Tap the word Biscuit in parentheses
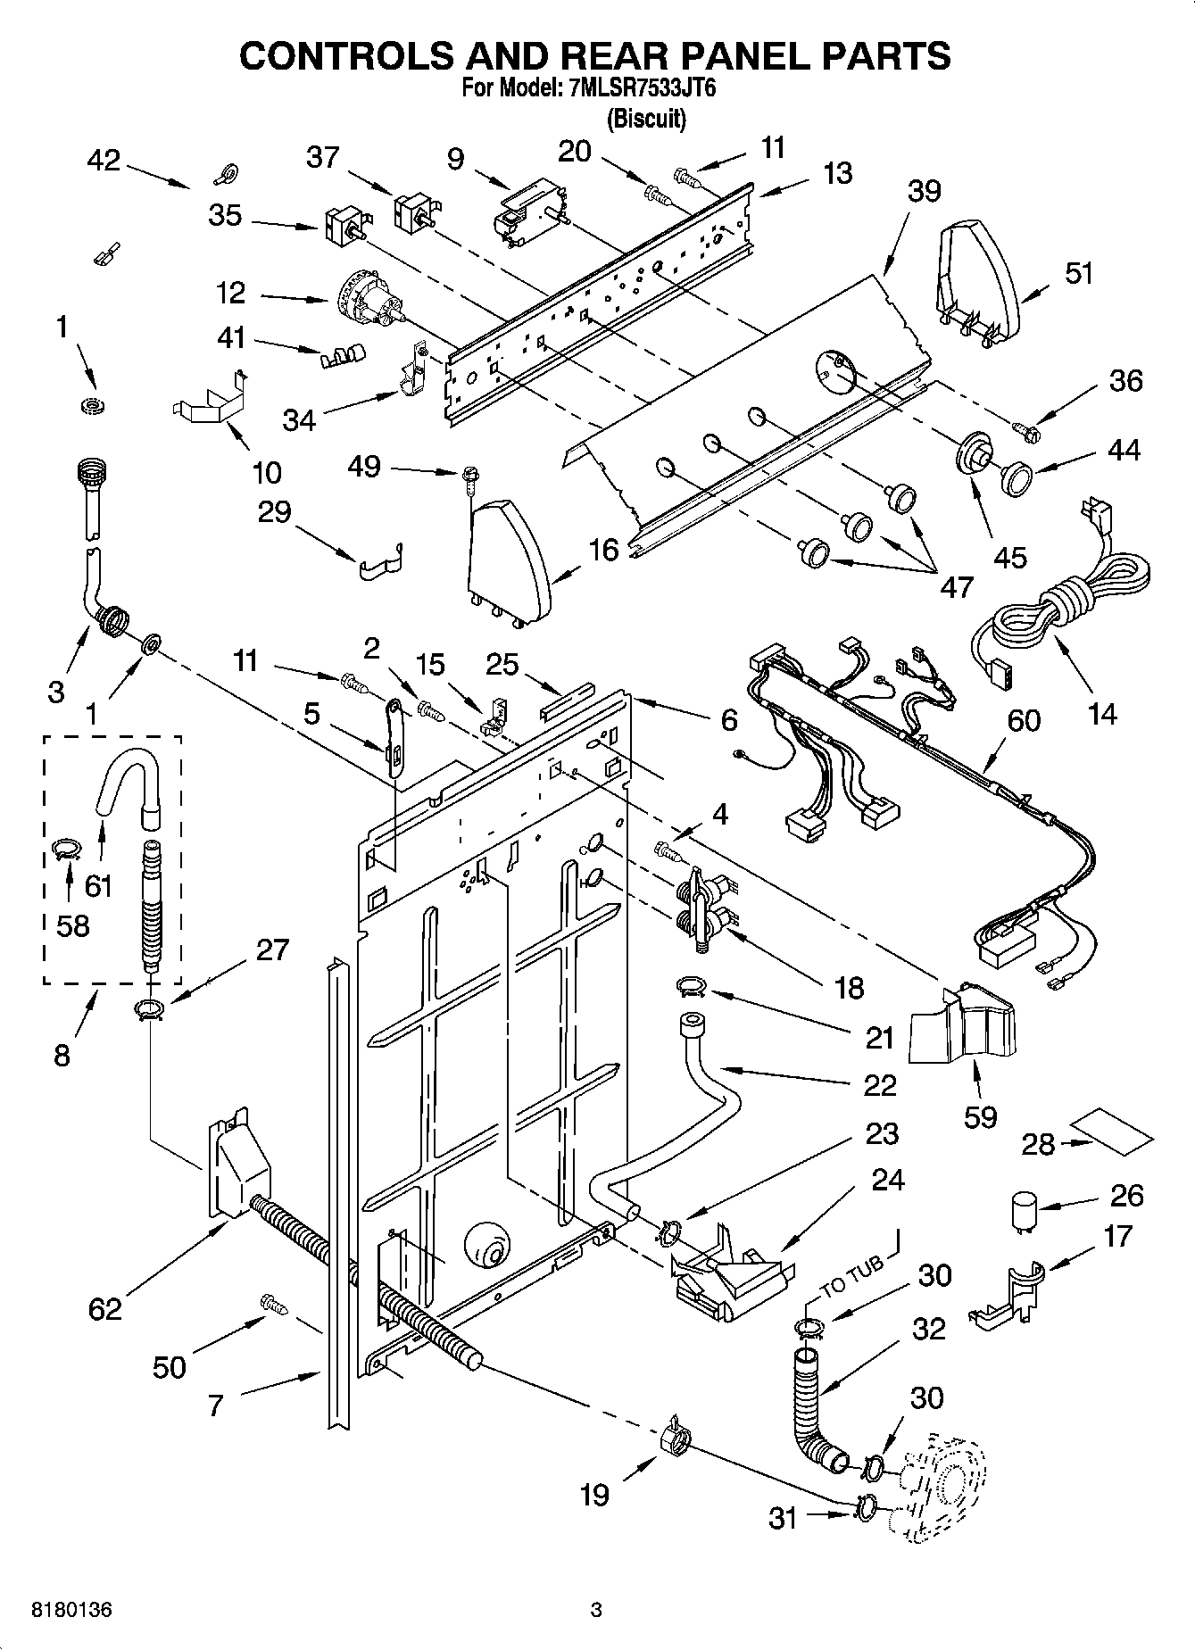tap(646, 118)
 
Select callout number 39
tap(925, 190)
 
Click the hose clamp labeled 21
tap(692, 985)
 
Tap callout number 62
tap(104, 1309)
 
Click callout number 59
tap(980, 1116)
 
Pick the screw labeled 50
tap(274, 1304)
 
